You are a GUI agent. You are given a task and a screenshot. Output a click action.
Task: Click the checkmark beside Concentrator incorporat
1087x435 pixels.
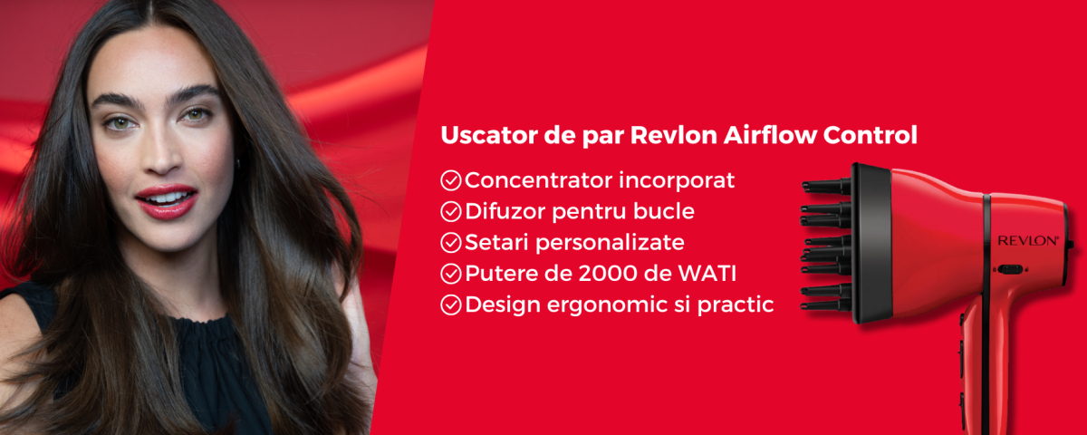[x=451, y=180]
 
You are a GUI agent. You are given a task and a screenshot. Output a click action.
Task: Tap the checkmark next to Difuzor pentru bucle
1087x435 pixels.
[x=451, y=212]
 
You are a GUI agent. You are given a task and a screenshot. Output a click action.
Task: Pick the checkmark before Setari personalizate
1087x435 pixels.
[x=451, y=243]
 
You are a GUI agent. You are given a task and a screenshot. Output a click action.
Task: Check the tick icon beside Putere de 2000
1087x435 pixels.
[x=451, y=274]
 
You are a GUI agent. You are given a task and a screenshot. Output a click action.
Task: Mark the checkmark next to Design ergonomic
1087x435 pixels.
[x=451, y=304]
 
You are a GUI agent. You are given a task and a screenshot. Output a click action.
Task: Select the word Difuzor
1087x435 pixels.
[x=504, y=212]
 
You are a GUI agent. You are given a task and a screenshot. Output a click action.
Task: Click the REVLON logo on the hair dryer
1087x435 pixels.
[x=1028, y=240]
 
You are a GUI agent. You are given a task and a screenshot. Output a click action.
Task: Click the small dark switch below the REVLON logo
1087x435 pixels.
[x=1010, y=269]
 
